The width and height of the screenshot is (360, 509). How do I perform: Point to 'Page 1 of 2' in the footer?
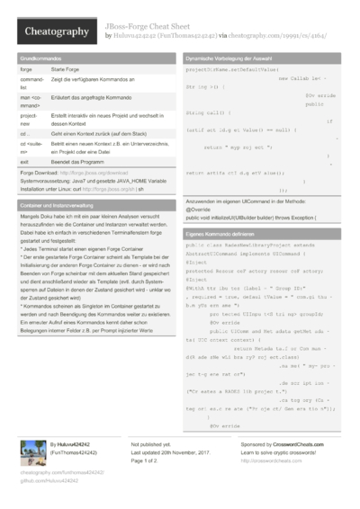coord(143,460)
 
